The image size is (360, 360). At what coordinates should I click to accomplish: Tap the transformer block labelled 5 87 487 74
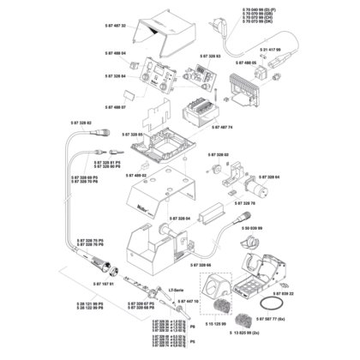coord(202,111)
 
